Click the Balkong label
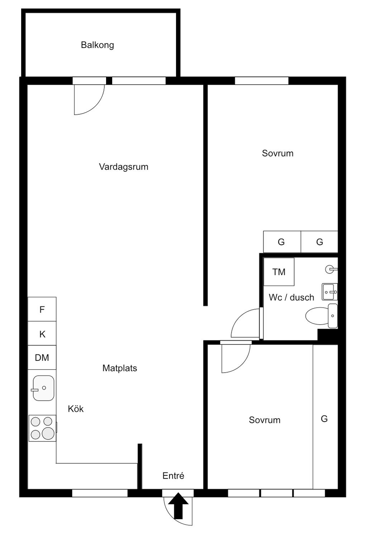click(x=97, y=45)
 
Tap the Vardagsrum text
click(x=123, y=167)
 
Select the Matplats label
click(x=120, y=368)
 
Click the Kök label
click(x=76, y=409)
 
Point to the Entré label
click(x=173, y=476)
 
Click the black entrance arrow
click(x=178, y=506)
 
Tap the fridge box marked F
click(x=42, y=309)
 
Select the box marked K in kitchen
click(x=42, y=334)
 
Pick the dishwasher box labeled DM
click(x=42, y=358)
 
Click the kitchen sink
click(x=43, y=388)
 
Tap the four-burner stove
click(x=42, y=428)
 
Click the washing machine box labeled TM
click(x=279, y=272)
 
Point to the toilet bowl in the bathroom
click(x=317, y=316)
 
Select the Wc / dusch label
click(x=291, y=297)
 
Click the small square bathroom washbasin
click(x=329, y=292)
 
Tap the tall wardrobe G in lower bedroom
click(x=325, y=419)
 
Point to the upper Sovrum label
click(x=277, y=153)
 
